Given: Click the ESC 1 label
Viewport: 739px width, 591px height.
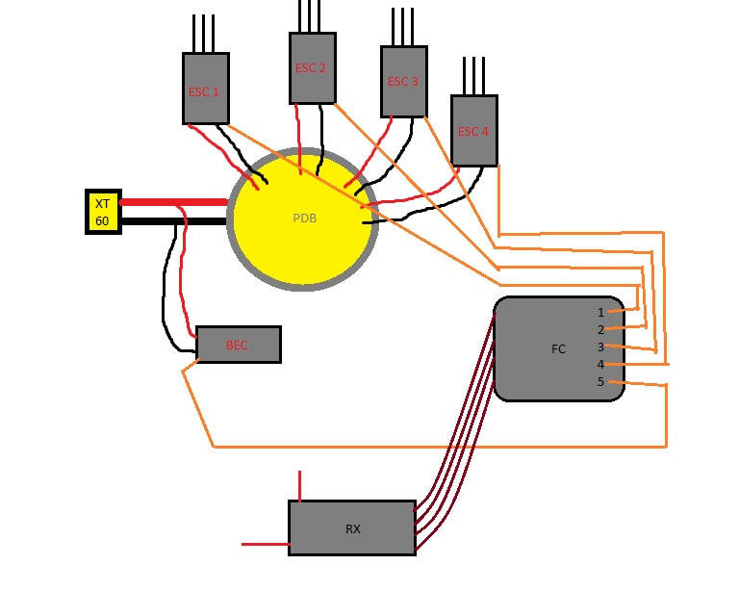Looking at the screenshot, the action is (204, 91).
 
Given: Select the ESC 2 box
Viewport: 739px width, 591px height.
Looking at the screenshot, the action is (313, 68).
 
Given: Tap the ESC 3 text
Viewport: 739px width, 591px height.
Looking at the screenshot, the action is (402, 82).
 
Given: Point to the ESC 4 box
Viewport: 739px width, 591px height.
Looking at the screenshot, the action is (474, 131).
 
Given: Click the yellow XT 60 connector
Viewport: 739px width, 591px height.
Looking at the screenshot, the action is (103, 212).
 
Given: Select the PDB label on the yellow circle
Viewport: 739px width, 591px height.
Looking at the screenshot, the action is (304, 218).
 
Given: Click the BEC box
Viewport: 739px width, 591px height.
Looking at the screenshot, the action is (239, 345).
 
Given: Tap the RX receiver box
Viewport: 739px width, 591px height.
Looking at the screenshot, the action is (352, 528).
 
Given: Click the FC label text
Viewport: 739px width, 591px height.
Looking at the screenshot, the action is (558, 349).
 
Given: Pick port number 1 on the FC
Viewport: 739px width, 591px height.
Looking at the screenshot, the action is (600, 313).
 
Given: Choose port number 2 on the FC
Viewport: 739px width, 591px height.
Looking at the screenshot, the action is (600, 330).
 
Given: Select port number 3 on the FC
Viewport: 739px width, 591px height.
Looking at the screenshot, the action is (600, 347).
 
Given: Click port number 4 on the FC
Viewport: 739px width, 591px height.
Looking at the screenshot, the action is (600, 364).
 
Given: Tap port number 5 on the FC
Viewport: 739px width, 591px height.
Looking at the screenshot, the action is (600, 382).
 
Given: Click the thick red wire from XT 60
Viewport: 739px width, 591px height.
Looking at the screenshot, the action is (174, 202).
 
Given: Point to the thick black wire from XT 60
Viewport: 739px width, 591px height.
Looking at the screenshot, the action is (174, 221).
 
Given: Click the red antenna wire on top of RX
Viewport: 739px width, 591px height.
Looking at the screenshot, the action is (300, 486).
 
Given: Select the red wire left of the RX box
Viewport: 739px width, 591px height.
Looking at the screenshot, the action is (266, 545).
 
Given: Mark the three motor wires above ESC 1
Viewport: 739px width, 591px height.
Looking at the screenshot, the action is (203, 34).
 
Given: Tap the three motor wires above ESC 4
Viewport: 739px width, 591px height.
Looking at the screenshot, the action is (473, 76).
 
